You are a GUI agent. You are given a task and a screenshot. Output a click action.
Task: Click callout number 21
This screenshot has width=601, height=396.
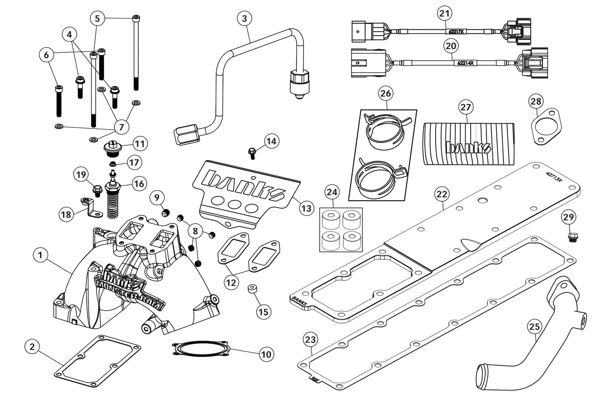tap(444, 14)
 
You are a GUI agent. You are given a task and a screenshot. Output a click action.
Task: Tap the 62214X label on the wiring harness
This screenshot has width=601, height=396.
tap(465, 63)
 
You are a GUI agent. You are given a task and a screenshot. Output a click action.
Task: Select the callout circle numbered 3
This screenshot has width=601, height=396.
tap(245, 18)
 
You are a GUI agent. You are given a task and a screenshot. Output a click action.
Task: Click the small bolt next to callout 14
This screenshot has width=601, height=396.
tap(252, 152)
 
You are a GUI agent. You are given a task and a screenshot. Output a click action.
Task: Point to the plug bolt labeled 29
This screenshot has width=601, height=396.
tap(571, 237)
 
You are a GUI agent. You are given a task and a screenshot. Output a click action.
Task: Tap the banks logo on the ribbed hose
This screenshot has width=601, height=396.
tap(468, 147)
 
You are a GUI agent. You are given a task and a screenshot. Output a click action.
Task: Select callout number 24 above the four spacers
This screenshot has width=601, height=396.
tap(333, 192)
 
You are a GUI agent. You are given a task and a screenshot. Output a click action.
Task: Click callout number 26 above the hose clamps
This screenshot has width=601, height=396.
tap(386, 93)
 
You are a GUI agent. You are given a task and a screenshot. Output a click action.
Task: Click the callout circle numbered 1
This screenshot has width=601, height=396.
tap(40, 255)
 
